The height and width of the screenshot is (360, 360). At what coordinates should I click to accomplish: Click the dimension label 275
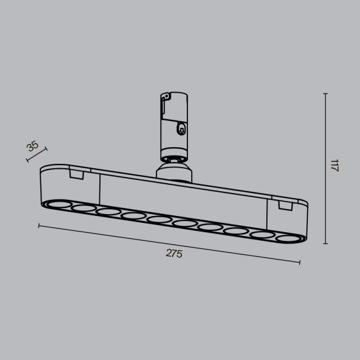point(174,253)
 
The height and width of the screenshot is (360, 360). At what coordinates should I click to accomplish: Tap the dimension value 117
point(335,166)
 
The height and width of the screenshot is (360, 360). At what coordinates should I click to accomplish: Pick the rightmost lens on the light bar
point(287,238)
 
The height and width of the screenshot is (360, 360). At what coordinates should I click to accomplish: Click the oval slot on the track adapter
point(181,129)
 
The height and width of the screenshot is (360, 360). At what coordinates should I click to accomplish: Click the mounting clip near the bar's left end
point(77,174)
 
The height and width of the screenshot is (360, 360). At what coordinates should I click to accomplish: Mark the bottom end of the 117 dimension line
point(325,243)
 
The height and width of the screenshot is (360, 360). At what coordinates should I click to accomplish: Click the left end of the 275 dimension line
point(39,226)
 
